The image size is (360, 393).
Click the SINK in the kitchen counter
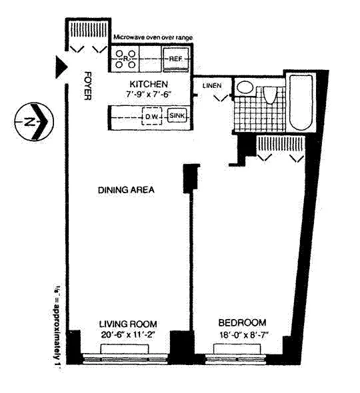click(x=177, y=117)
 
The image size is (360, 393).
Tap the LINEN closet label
click(x=211, y=85)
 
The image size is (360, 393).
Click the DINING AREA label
click(x=126, y=190)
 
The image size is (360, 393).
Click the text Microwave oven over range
click(x=153, y=38)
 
